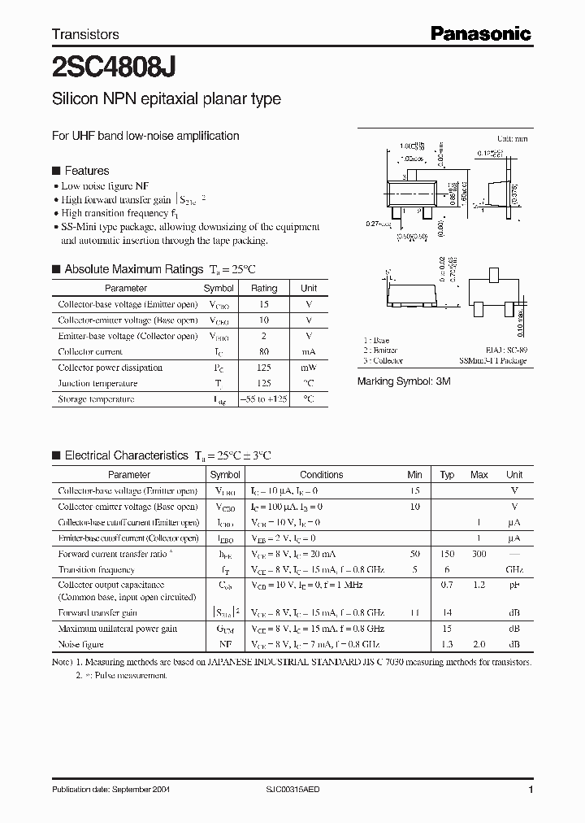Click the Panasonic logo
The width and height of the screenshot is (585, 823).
point(480,33)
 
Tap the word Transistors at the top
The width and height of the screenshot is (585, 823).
point(85,34)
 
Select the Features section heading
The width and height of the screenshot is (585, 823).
point(86,171)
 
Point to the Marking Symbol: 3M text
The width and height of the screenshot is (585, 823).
point(404,381)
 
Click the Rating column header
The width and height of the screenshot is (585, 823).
point(264,289)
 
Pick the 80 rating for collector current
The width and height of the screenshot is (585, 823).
point(264,352)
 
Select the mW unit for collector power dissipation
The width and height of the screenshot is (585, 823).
point(309,368)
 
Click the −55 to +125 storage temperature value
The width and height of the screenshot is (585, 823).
point(264,399)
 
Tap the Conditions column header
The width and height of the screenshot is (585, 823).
point(322,475)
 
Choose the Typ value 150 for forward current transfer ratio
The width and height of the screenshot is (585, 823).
point(447,554)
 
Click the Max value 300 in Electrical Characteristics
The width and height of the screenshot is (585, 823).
point(479,554)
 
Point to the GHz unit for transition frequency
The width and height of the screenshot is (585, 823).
point(514,570)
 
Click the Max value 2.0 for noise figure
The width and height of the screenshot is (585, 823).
point(479,644)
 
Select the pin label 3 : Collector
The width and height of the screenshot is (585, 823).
point(383,360)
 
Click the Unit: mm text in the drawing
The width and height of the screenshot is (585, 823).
point(513,140)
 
